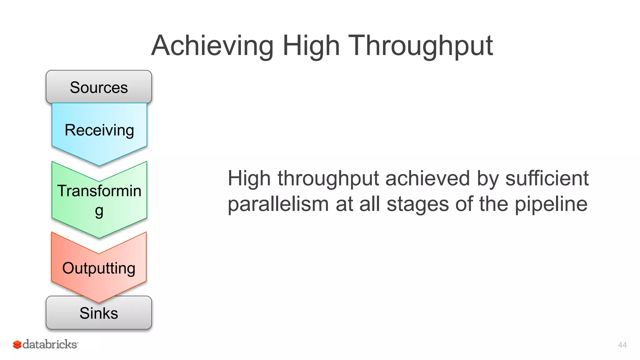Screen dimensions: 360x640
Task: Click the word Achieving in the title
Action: [212, 46]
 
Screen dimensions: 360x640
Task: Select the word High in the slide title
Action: [311, 46]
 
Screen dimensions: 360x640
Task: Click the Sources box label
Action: [99, 87]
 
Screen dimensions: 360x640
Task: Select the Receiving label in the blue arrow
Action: [99, 130]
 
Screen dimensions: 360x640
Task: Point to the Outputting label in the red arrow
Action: [99, 268]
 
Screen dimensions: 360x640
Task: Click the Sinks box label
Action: [99, 313]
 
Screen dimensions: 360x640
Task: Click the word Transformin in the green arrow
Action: [99, 191]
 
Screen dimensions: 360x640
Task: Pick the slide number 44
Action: [622, 345]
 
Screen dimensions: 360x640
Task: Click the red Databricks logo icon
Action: [17, 345]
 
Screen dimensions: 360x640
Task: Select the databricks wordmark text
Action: [50, 344]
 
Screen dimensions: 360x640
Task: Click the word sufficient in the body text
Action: [547, 178]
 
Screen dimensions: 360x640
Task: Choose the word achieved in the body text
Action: [427, 178]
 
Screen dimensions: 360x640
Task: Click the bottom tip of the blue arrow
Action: [99, 165]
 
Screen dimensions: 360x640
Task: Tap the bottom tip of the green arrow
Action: [99, 237]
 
